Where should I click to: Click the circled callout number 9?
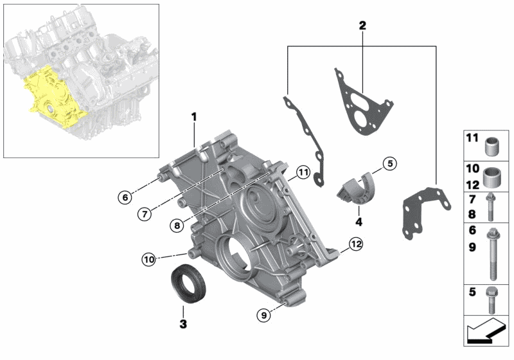pyautogui.click(x=262, y=315)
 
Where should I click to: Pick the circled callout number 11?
pyautogui.click(x=303, y=172)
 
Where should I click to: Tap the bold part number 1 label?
pyautogui.click(x=192, y=118)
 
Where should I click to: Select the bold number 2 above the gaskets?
pyautogui.click(x=362, y=26)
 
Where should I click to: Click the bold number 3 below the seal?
pyautogui.click(x=183, y=325)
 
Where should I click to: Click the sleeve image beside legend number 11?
pyautogui.click(x=493, y=146)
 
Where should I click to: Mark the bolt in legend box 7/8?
pyautogui.click(x=492, y=205)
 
